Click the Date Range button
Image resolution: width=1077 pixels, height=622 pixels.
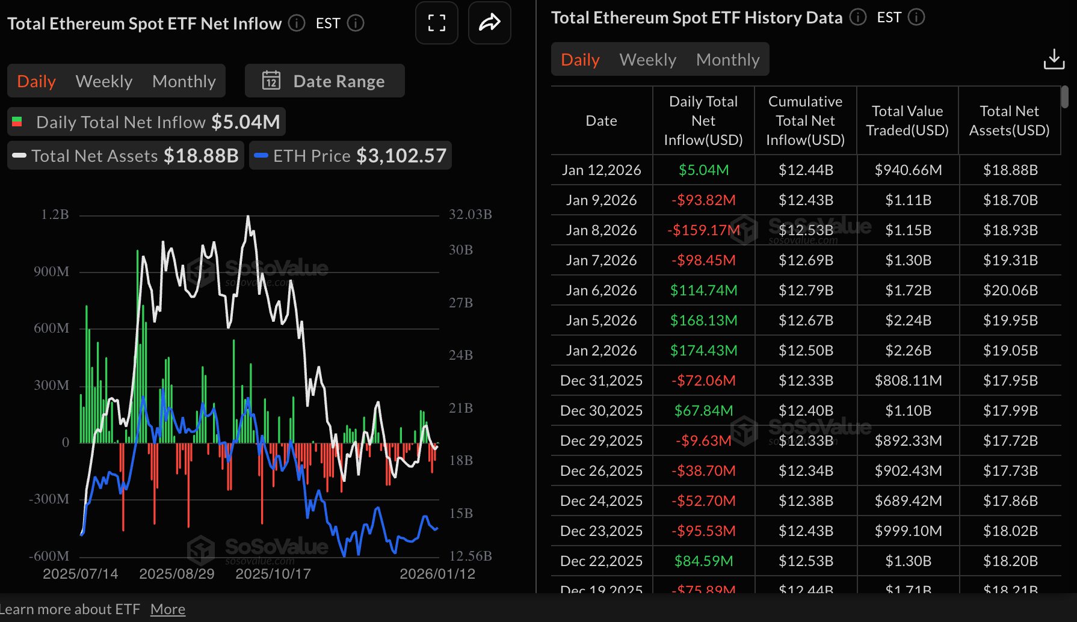pyautogui.click(x=325, y=81)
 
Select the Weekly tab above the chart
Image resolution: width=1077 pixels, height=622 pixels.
pyautogui.click(x=104, y=81)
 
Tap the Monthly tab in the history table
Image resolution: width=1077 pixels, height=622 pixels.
pyautogui.click(x=727, y=60)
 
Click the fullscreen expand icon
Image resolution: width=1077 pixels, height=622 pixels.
pyautogui.click(x=437, y=23)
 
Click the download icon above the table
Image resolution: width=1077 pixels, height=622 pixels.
pyautogui.click(x=1054, y=59)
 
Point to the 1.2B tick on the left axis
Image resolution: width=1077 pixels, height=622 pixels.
pyautogui.click(x=55, y=215)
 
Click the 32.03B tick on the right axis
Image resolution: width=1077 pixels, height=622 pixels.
pyautogui.click(x=470, y=215)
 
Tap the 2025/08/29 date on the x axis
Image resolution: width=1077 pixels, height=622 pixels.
pyautogui.click(x=177, y=574)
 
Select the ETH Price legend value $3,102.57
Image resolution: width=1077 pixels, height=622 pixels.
pyautogui.click(x=401, y=156)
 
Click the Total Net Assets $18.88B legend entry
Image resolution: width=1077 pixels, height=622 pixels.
pyautogui.click(x=126, y=156)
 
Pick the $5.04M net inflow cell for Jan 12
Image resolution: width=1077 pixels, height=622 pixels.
pyautogui.click(x=703, y=170)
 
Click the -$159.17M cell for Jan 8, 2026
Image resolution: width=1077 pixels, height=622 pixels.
pyautogui.click(x=703, y=230)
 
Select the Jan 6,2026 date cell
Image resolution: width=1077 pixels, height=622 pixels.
pyautogui.click(x=601, y=291)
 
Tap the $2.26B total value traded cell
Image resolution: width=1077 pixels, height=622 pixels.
pyautogui.click(x=908, y=351)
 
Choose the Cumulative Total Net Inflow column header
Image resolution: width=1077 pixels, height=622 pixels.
pyautogui.click(x=805, y=121)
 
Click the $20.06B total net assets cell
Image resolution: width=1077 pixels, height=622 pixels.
pyautogui.click(x=1010, y=291)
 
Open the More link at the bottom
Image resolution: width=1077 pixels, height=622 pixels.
pyautogui.click(x=168, y=609)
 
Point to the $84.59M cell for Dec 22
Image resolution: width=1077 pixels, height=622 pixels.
pyautogui.click(x=703, y=561)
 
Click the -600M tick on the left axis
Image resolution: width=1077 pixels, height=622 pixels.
pyautogui.click(x=49, y=556)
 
